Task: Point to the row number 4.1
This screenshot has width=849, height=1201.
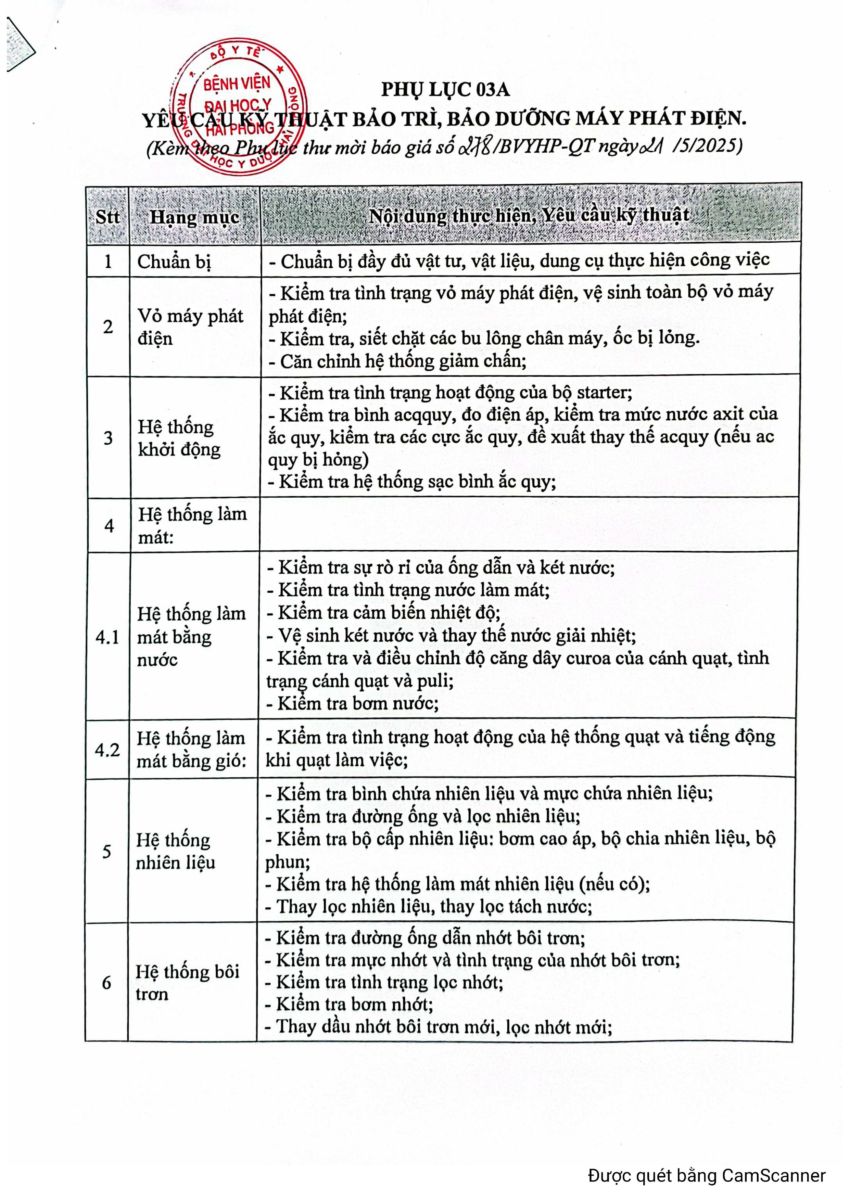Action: (x=107, y=637)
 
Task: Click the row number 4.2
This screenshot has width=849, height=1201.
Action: (x=107, y=750)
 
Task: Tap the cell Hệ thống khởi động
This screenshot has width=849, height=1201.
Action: (x=179, y=438)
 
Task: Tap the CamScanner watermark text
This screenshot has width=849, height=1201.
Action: (x=707, y=1176)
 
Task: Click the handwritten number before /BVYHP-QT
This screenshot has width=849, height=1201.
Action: (x=474, y=147)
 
